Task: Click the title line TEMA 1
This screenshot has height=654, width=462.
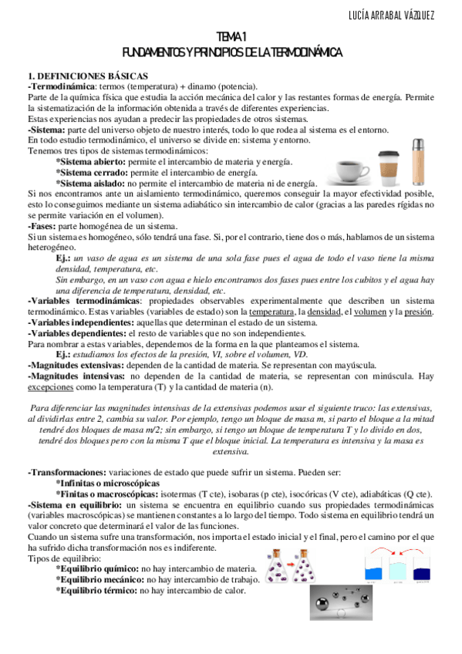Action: click(231, 38)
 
